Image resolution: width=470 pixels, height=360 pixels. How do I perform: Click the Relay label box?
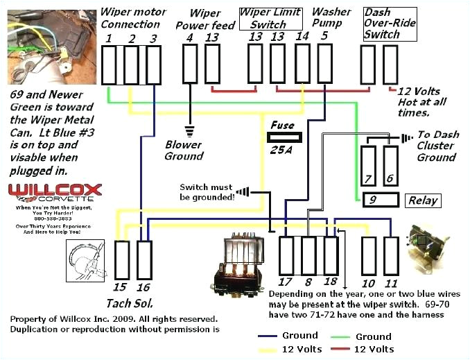coord(422,200)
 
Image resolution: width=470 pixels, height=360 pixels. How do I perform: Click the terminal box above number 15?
coord(122,260)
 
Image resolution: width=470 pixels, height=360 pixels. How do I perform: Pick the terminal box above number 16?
coord(144,260)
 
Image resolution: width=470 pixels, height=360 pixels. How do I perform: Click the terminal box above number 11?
coord(391,256)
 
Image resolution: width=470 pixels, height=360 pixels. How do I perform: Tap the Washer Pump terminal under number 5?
coord(324,64)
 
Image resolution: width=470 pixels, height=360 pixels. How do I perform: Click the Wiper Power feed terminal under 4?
coord(190,64)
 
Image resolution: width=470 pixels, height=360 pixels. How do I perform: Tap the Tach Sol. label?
coord(130,302)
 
